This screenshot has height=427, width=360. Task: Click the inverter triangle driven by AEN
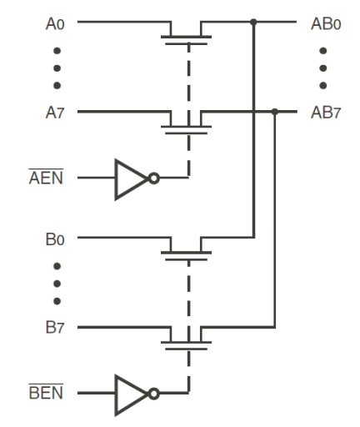(x=130, y=178)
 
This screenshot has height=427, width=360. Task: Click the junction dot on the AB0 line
(x=253, y=23)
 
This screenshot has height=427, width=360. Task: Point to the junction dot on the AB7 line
(x=275, y=111)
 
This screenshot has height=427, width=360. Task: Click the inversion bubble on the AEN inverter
(x=154, y=178)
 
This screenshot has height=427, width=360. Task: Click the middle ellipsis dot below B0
(x=56, y=284)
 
